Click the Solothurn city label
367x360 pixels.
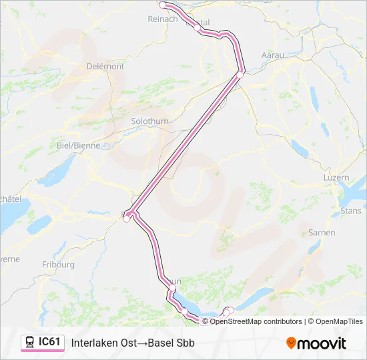click(151, 121)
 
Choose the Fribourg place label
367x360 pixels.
click(57, 264)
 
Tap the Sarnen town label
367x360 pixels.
click(322, 233)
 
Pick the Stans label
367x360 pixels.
click(350, 211)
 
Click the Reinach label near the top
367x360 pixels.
click(162, 19)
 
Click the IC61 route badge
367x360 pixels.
click(49, 342)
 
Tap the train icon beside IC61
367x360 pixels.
click(30, 343)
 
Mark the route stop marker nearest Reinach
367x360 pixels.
click(162, 5)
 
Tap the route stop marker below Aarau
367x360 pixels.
click(240, 74)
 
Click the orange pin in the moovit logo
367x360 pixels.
click(291, 343)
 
